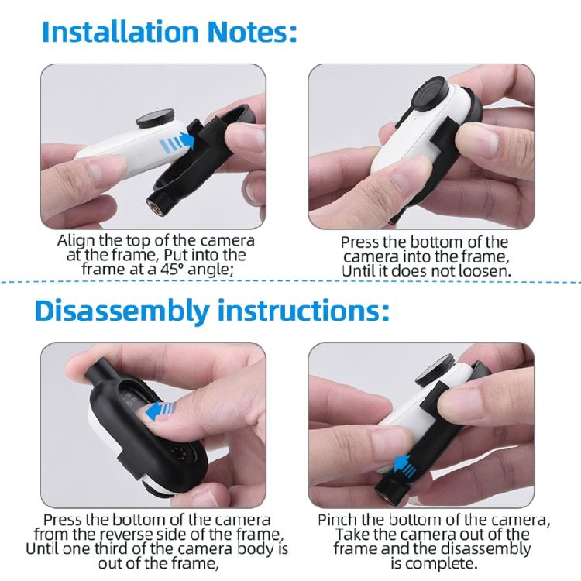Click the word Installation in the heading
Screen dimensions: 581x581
(120, 32)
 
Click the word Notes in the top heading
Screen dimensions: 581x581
(248, 32)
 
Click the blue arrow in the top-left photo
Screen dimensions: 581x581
(177, 142)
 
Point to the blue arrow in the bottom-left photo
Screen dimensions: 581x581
(160, 411)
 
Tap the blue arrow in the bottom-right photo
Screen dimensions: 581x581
(405, 466)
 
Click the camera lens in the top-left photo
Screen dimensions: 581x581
(155, 119)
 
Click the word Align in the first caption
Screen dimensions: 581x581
(75, 242)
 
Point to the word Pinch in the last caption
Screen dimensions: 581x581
(338, 520)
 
